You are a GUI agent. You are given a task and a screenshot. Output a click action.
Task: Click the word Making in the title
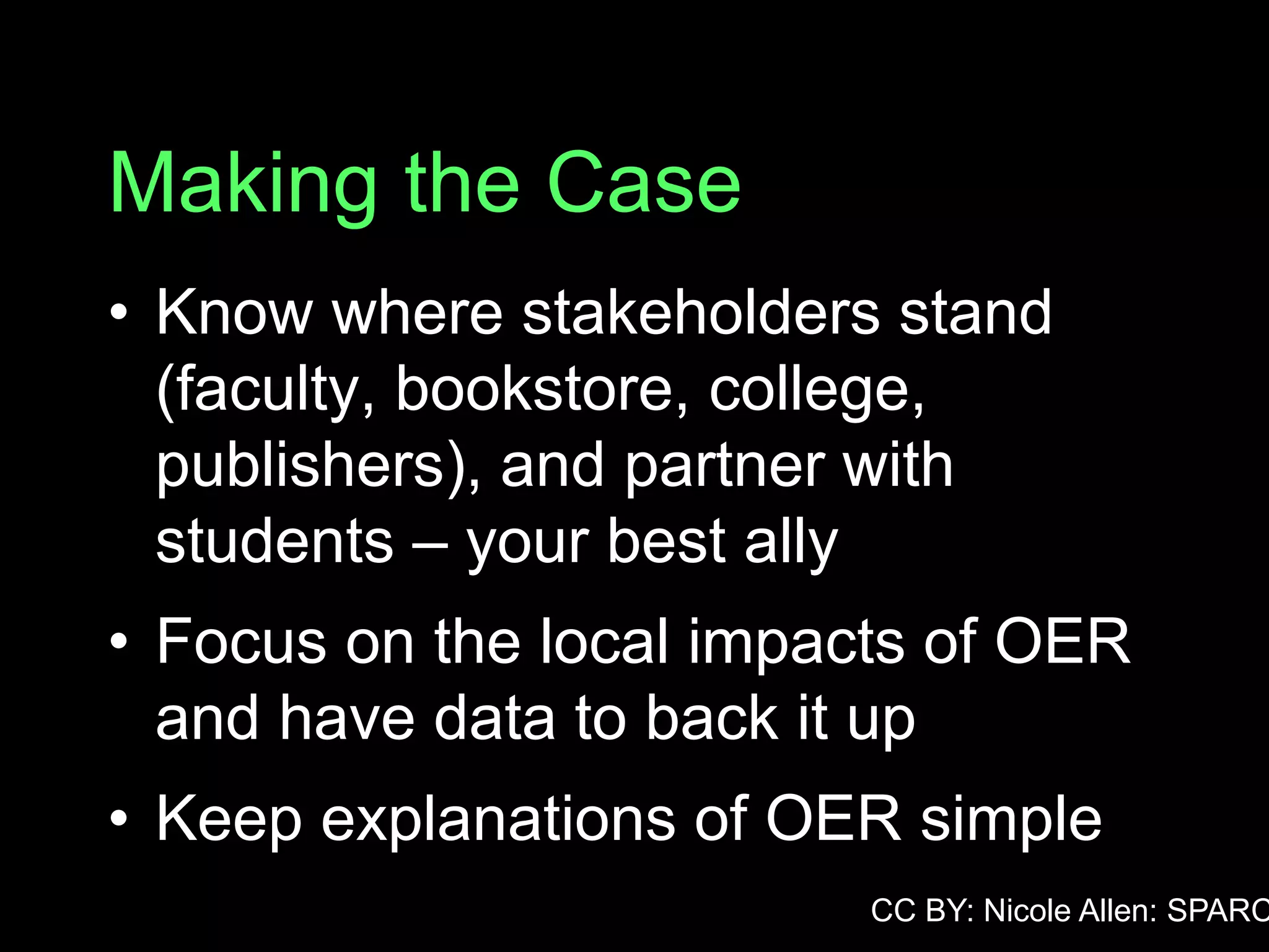243,185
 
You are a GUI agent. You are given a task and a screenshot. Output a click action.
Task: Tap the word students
274,541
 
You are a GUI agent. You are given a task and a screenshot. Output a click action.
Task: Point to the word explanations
498,819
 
